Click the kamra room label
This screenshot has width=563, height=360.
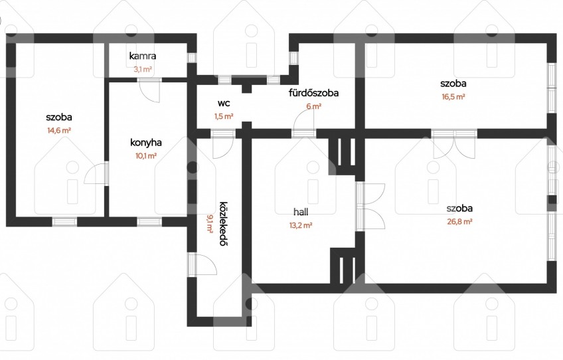143,56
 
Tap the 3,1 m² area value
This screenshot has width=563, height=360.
143,69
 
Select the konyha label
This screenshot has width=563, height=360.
146,143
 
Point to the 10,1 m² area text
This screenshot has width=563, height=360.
146,156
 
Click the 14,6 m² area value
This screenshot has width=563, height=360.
59,130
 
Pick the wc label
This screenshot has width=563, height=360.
224,104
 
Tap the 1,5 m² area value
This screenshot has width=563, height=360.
224,116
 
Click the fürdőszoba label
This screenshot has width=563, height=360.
313,93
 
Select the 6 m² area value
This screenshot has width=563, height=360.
313,106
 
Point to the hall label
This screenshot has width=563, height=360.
301,212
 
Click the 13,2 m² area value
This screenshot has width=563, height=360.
301,226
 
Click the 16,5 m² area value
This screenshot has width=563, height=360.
453,97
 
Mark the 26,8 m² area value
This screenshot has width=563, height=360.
459,222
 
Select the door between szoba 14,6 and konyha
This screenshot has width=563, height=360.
96,173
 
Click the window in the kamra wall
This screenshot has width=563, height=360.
192,58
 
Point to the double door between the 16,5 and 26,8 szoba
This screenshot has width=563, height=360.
454,143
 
